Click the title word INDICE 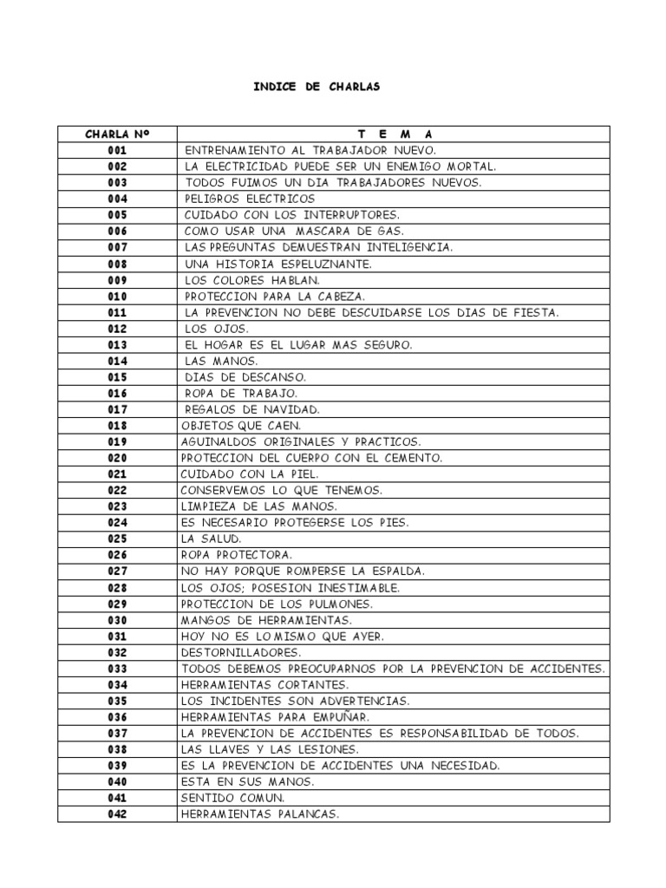click(274, 88)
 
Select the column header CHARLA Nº click(117, 134)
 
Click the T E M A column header click(394, 134)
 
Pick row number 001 click(117, 151)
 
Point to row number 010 click(117, 297)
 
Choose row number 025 click(117, 539)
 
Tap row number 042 click(117, 814)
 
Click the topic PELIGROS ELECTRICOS click(250, 199)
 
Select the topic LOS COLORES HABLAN click(252, 280)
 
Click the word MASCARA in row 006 click(326, 232)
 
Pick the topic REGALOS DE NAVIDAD click(252, 409)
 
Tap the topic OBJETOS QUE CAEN click(241, 426)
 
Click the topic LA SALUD click(211, 539)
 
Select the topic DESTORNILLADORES click(241, 652)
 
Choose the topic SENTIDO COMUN click(232, 798)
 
